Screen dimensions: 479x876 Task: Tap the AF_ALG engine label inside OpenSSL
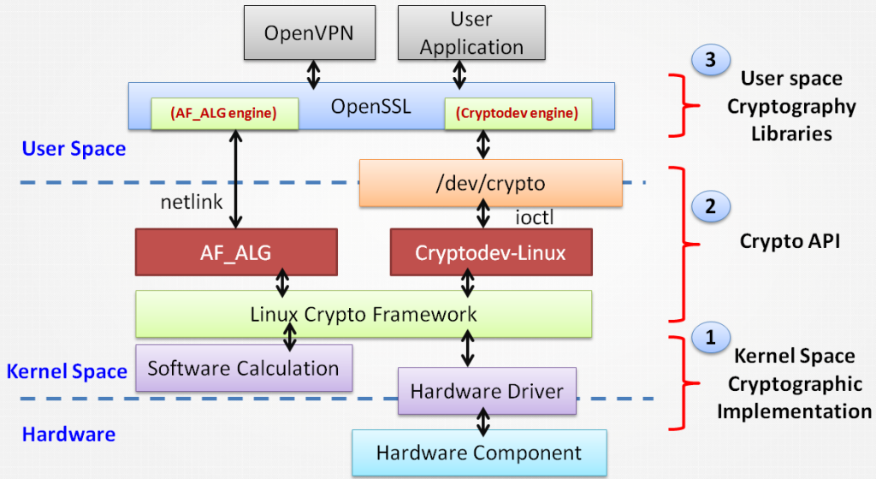(x=224, y=113)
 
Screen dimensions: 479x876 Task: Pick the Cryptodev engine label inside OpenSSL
(x=518, y=113)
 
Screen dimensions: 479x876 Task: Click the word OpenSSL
(x=370, y=107)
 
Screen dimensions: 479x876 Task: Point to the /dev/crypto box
(x=489, y=183)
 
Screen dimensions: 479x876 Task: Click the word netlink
(x=192, y=203)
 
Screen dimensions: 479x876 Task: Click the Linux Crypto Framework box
(x=364, y=314)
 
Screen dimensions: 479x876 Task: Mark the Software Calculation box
(x=243, y=369)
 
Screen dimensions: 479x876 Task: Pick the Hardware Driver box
(x=487, y=392)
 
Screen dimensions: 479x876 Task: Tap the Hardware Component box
(x=479, y=453)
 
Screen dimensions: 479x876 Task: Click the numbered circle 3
(x=710, y=61)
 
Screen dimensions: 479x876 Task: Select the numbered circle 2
(x=710, y=206)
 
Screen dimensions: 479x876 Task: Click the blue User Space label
(x=74, y=149)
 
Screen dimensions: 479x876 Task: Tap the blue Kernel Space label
(x=67, y=371)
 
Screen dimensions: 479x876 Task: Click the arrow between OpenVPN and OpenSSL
(x=313, y=74)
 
